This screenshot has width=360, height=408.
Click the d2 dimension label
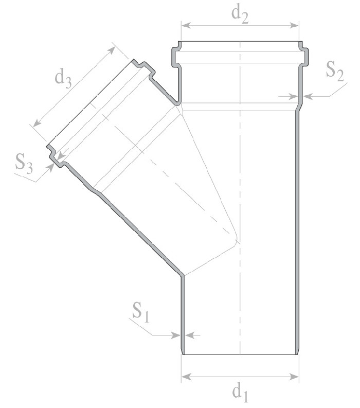click(240, 15)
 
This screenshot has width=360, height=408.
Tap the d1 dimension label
click(240, 394)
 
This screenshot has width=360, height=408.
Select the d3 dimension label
click(63, 79)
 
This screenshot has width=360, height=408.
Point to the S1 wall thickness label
click(141, 312)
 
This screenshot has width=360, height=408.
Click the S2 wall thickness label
click(335, 71)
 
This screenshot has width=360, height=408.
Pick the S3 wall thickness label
click(24, 164)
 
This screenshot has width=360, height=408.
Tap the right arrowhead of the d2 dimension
click(294, 25)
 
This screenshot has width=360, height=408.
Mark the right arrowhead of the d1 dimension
click(294, 377)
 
